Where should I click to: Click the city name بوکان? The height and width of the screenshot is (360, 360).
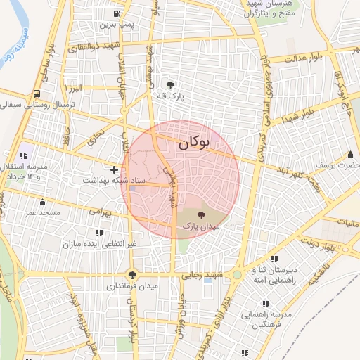(x=194, y=143)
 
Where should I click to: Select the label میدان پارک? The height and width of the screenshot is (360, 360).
(x=201, y=226)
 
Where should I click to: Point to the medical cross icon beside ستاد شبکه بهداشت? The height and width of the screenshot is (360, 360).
(x=114, y=169)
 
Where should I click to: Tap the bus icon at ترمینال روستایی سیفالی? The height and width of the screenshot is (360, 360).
(x=36, y=94)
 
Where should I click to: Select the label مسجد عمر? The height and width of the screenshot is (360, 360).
(x=41, y=212)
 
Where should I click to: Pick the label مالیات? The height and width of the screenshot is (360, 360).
(x=347, y=222)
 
